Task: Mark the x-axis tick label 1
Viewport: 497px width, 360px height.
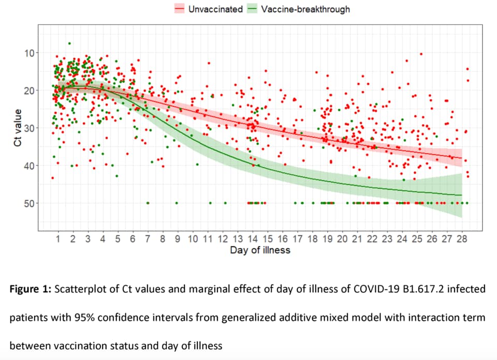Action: coord(58,239)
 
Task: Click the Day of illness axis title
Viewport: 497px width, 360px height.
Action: coord(260,250)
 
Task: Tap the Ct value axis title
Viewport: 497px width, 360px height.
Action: coord(18,128)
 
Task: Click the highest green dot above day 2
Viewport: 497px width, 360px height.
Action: coord(69,43)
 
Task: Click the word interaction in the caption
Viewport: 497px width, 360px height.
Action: coord(422,317)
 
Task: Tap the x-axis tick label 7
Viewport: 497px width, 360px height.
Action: coord(148,239)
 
